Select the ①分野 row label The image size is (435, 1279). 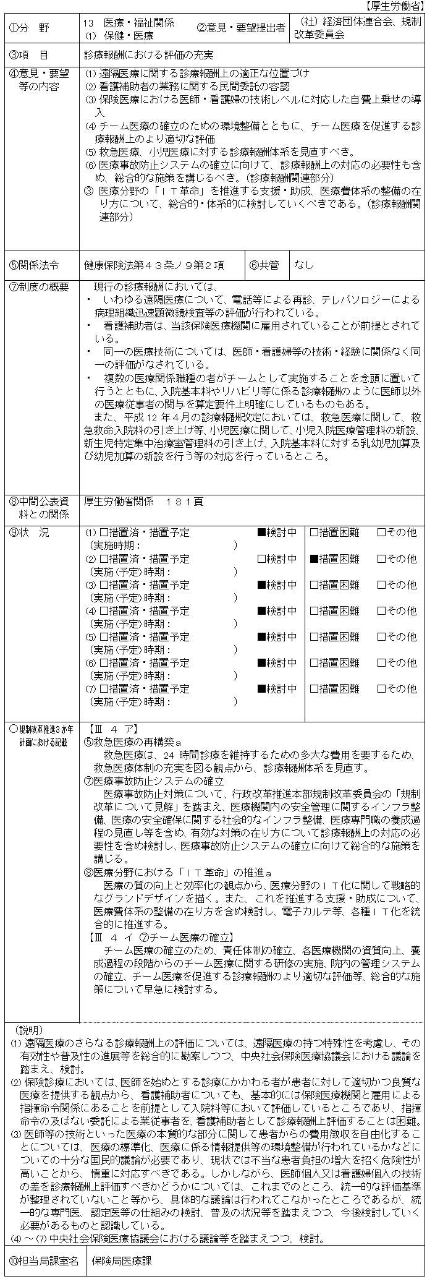(x=32, y=28)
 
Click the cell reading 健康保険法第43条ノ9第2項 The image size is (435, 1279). (x=154, y=265)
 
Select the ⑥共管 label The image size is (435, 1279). (x=264, y=265)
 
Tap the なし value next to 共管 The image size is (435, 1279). (x=305, y=265)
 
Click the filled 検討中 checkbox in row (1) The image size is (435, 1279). (x=261, y=533)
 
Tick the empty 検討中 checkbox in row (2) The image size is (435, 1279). (x=261, y=559)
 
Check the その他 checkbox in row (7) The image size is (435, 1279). (x=381, y=689)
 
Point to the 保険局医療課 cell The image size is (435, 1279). (x=122, y=1261)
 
